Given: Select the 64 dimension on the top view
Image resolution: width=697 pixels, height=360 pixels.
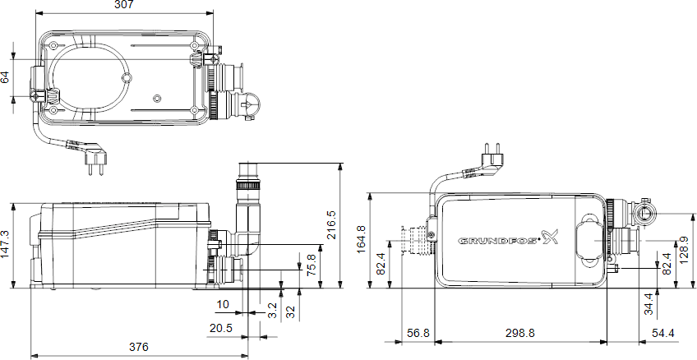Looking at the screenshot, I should pos(6,77).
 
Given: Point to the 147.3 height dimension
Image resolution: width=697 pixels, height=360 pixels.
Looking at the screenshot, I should pos(6,244).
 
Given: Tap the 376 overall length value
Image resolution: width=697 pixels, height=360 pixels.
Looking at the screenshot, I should pos(139,347).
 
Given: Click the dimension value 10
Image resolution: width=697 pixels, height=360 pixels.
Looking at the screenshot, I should pos(223,305).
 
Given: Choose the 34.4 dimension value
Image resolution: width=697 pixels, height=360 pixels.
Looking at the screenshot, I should pos(649,303).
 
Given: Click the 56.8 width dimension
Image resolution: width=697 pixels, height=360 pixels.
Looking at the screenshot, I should pos(418,333).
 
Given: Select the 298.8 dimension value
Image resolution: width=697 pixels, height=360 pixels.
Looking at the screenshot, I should pos(519,333).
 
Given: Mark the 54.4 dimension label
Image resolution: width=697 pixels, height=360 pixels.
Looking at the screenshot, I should pos(662,333).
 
